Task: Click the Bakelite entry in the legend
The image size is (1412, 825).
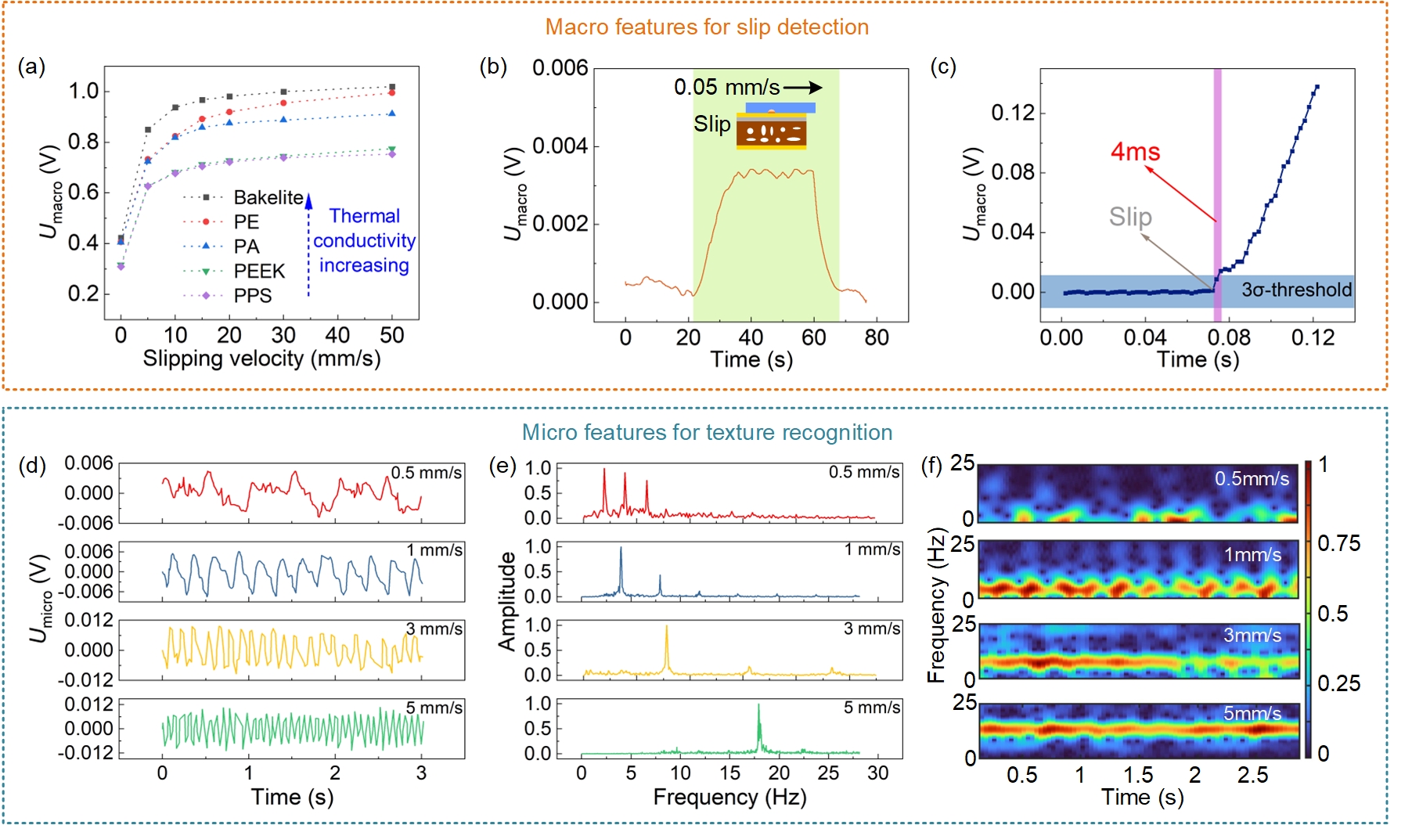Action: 268,197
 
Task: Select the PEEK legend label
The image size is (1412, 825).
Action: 259,271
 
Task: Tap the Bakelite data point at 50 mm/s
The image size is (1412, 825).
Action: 392,87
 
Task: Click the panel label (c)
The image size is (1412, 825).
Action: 943,67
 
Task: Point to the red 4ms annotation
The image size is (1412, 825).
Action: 1135,152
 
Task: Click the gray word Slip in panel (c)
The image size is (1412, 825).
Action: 1129,217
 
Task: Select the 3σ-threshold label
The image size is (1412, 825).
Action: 1296,290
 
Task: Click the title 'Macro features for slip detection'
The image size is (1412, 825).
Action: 707,27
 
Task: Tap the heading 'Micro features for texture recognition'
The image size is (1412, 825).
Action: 707,432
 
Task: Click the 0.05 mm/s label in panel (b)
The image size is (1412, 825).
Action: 726,87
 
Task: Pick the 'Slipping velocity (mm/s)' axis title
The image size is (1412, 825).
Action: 261,358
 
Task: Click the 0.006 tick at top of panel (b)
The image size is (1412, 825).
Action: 560,68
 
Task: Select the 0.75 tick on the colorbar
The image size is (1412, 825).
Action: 1338,543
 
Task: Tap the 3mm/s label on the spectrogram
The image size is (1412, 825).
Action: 1252,635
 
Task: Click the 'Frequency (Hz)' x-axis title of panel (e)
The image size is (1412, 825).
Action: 729,797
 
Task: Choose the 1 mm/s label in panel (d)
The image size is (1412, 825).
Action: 434,550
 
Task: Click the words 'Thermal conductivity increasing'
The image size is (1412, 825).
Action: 364,241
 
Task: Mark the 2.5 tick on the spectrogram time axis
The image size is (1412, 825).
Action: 1252,775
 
